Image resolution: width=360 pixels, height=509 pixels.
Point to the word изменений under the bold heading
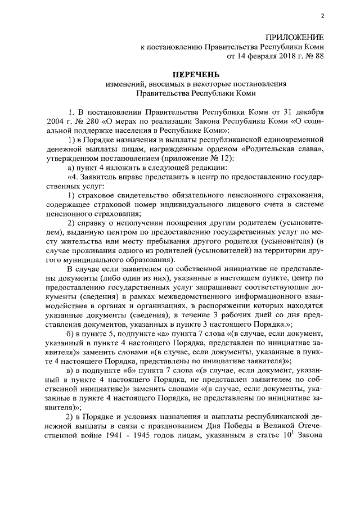point(125,84)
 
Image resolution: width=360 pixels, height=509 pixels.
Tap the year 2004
point(57,120)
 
